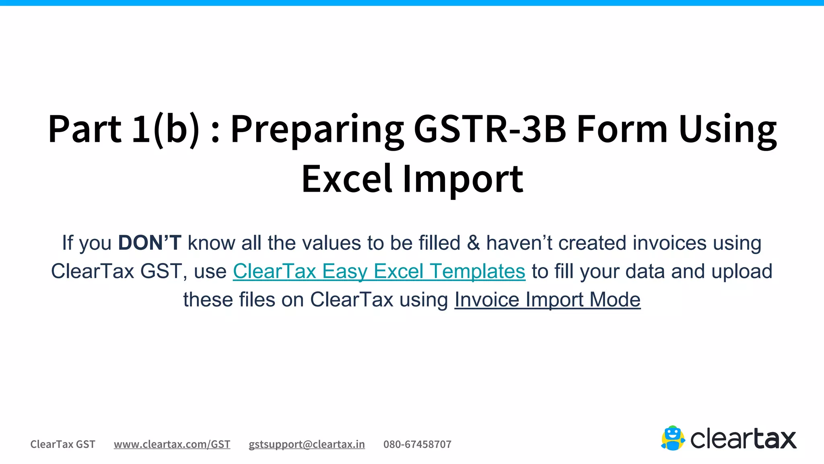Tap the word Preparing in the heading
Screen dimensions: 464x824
(x=317, y=129)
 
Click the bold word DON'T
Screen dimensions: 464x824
(x=150, y=243)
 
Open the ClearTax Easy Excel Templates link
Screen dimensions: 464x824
(x=379, y=271)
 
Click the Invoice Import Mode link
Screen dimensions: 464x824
(x=547, y=300)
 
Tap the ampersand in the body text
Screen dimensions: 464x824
(x=473, y=243)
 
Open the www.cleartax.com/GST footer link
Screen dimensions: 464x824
(x=172, y=444)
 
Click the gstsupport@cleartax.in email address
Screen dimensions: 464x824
(x=307, y=444)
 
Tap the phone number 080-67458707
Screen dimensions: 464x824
(x=417, y=444)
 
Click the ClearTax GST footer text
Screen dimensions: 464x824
(x=63, y=444)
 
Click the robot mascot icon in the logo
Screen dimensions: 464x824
(x=673, y=438)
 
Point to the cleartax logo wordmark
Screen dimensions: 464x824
(x=743, y=439)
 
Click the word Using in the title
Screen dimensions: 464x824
(x=727, y=129)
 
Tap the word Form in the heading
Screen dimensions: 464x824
(x=622, y=129)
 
